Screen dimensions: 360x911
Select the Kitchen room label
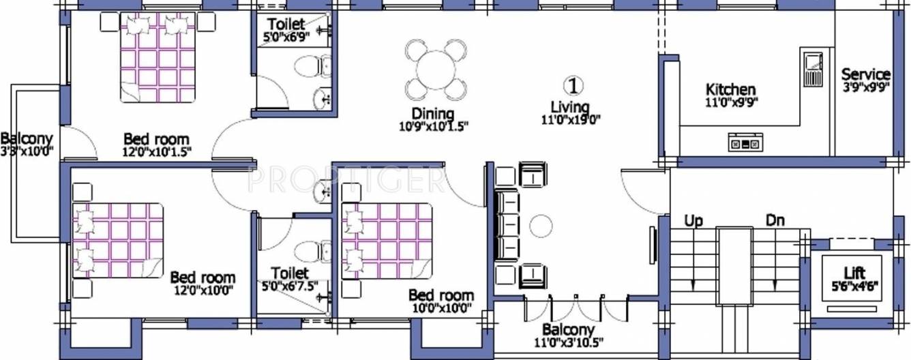[x=730, y=89]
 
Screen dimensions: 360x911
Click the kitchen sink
[x=812, y=68]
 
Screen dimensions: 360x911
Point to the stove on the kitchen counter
[x=746, y=143]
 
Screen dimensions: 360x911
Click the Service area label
[x=865, y=74]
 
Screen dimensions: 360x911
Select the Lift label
[x=854, y=273]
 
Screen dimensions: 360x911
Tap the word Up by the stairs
[x=693, y=221]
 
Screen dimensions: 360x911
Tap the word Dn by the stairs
[x=775, y=221]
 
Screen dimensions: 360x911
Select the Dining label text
[x=433, y=113]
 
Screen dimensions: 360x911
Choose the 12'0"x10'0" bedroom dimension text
[x=203, y=289]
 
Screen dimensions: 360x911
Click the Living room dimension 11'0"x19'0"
[x=570, y=120]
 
